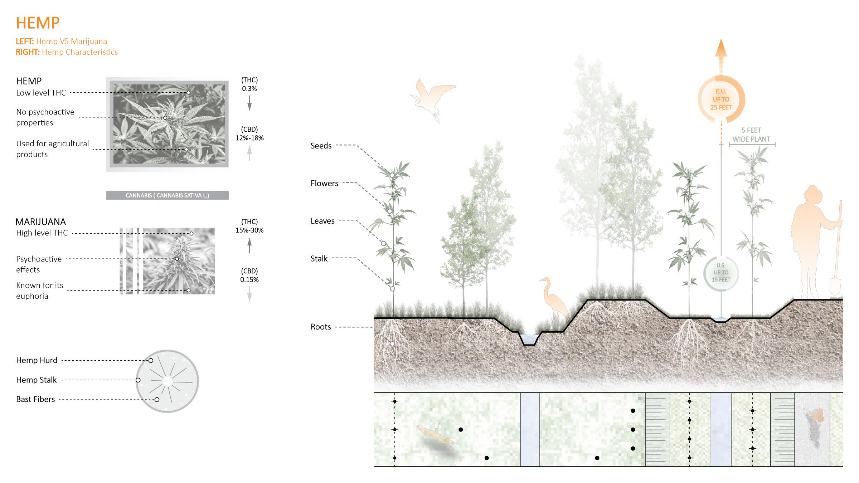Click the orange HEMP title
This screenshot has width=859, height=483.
(x=38, y=23)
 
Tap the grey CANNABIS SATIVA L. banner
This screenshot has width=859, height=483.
(x=167, y=195)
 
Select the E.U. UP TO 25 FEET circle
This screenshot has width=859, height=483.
(x=721, y=99)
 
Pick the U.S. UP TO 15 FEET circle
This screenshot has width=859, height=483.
(x=721, y=273)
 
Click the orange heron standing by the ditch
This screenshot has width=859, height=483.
(x=553, y=299)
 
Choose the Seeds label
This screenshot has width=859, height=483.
(x=321, y=146)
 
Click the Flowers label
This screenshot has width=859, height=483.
(x=324, y=183)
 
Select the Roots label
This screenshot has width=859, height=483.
(x=321, y=327)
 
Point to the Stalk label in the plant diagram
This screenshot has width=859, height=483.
(x=319, y=258)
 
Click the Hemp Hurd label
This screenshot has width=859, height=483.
(x=37, y=360)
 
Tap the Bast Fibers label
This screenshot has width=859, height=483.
(x=35, y=399)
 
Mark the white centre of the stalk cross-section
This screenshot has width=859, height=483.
(x=167, y=381)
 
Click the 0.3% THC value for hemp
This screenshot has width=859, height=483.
(x=249, y=89)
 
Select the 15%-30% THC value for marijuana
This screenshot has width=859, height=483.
(x=249, y=230)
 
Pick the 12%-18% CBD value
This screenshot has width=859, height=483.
(x=249, y=138)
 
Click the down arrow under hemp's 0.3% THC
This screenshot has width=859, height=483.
(x=249, y=103)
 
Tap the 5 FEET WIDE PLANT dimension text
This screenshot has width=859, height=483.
(x=751, y=135)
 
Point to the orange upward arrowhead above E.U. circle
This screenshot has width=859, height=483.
(x=721, y=48)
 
